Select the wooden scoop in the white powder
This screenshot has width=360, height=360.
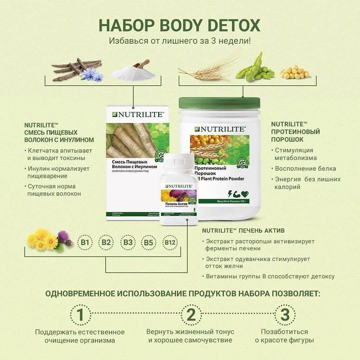(140, 65)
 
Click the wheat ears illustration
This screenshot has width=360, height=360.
(206, 70)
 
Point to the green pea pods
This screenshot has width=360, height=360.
(255, 68)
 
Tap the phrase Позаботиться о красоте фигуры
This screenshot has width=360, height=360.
(284, 336)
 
